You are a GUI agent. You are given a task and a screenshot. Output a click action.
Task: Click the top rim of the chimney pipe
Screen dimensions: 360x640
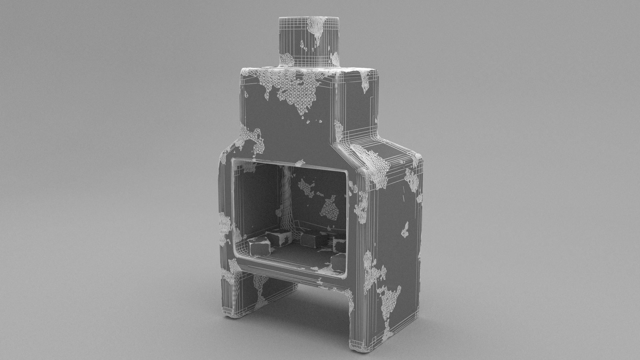[x=308, y=18]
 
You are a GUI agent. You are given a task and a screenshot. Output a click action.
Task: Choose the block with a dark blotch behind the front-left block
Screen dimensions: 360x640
[x=279, y=238]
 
